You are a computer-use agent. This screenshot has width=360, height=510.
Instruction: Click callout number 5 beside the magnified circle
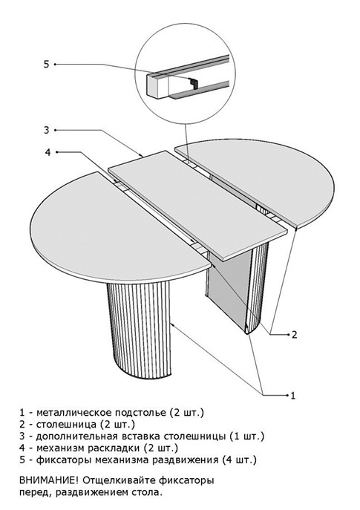(46, 65)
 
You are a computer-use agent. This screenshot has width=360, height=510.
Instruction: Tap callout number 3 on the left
(47, 130)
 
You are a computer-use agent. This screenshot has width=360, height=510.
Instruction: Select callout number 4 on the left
(48, 152)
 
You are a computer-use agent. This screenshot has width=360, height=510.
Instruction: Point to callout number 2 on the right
(294, 334)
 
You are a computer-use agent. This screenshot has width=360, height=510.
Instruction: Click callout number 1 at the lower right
(293, 396)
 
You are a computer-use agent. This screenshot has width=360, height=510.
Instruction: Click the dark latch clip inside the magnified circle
(194, 83)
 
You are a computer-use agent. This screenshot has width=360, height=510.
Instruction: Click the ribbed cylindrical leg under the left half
(140, 329)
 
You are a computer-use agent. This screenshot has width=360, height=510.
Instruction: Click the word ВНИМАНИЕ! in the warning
(49, 480)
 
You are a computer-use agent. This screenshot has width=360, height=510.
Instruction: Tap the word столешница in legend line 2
(66, 425)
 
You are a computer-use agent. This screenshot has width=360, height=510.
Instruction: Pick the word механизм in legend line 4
(60, 448)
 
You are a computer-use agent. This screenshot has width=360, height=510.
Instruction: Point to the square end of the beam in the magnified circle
(157, 85)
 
